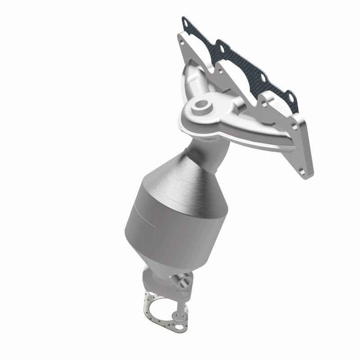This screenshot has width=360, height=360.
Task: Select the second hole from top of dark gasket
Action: [221, 45]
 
